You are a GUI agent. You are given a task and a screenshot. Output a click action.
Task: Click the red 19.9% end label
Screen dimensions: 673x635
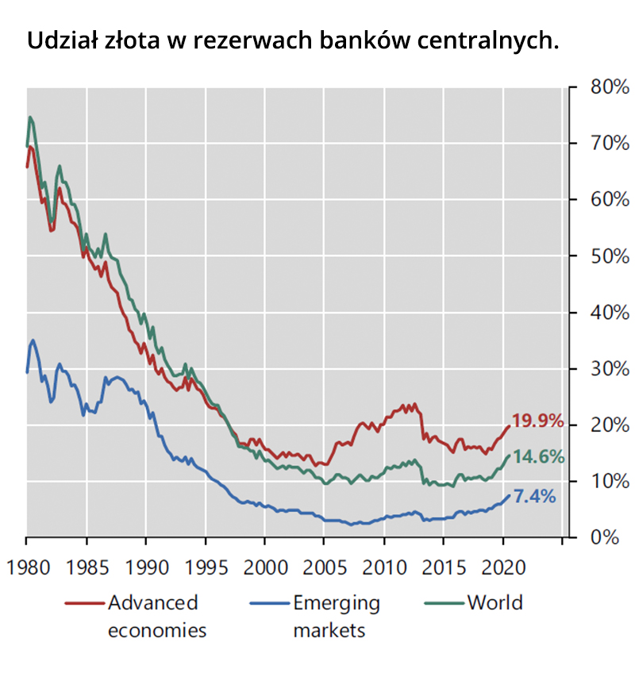click(x=537, y=421)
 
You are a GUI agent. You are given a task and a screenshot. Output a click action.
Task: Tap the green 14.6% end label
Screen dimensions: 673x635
click(x=537, y=456)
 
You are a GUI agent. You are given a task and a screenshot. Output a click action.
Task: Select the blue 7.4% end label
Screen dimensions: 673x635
click(x=534, y=497)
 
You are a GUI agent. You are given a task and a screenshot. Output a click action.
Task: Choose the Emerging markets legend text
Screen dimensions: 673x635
click(x=337, y=616)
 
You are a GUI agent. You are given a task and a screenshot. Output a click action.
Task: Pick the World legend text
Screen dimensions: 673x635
click(x=495, y=602)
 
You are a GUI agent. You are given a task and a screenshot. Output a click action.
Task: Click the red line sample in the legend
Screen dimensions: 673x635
click(x=83, y=603)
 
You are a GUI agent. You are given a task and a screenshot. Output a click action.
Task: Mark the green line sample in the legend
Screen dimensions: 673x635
click(x=442, y=603)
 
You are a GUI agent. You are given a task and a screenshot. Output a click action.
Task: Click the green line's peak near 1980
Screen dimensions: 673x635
click(x=30, y=117)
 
